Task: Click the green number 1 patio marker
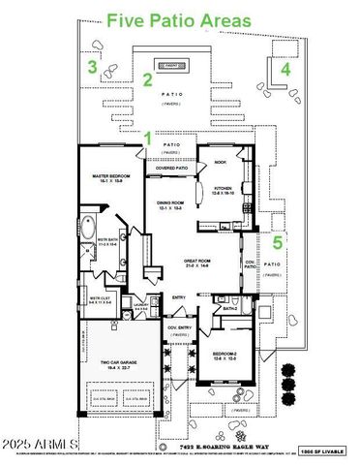click(148, 139)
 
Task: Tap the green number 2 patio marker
click(148, 80)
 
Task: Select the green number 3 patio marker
click(92, 67)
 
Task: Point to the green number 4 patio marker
click(285, 71)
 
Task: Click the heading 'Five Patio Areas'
click(178, 19)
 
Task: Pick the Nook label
click(220, 163)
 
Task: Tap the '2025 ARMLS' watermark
click(41, 445)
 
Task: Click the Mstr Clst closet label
click(100, 299)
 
